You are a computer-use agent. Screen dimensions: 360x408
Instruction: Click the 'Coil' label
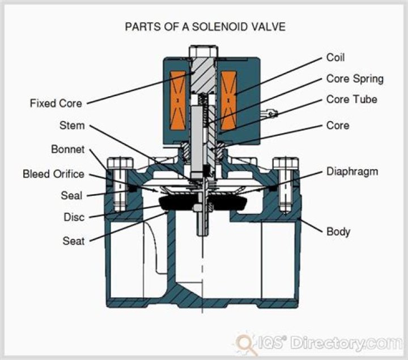335,58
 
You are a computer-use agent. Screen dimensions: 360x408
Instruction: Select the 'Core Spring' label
355,79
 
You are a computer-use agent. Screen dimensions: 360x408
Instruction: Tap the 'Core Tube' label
351,100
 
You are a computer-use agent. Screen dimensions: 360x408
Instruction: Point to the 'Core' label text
338,125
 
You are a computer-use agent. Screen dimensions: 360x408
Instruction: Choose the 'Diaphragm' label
352,171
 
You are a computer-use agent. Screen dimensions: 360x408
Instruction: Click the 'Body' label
338,232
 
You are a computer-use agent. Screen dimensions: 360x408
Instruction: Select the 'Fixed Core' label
56,104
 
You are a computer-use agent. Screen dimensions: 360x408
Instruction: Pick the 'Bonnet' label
67,150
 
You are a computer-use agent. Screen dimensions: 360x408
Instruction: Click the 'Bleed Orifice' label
53,174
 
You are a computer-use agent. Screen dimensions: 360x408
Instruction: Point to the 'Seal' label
71,196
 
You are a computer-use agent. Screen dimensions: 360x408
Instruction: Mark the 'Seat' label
73,241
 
